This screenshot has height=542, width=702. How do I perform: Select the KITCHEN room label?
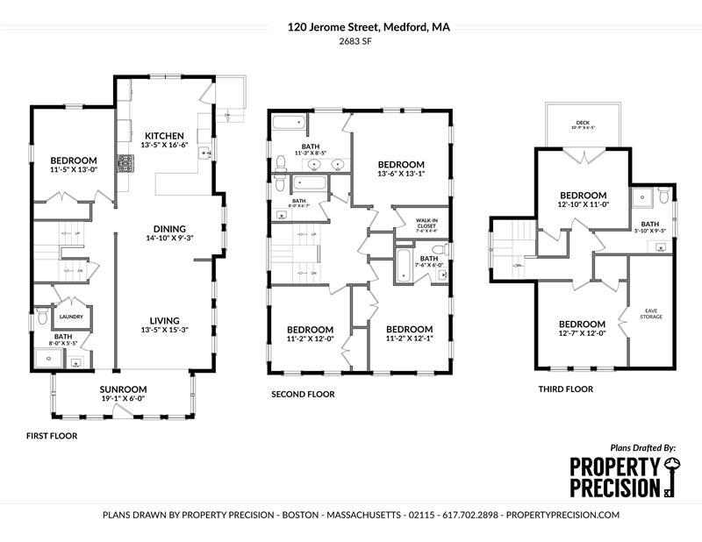(164, 135)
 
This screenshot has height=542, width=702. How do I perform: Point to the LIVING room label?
(165, 320)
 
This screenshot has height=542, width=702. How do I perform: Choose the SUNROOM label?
(122, 389)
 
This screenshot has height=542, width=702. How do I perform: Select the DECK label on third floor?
(583, 123)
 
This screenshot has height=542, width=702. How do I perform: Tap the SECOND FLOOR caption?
(303, 395)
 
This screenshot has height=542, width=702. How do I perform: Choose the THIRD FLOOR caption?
(565, 389)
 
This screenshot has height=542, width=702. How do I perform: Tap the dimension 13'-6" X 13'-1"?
(401, 174)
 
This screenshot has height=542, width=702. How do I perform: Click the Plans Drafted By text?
(642, 447)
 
